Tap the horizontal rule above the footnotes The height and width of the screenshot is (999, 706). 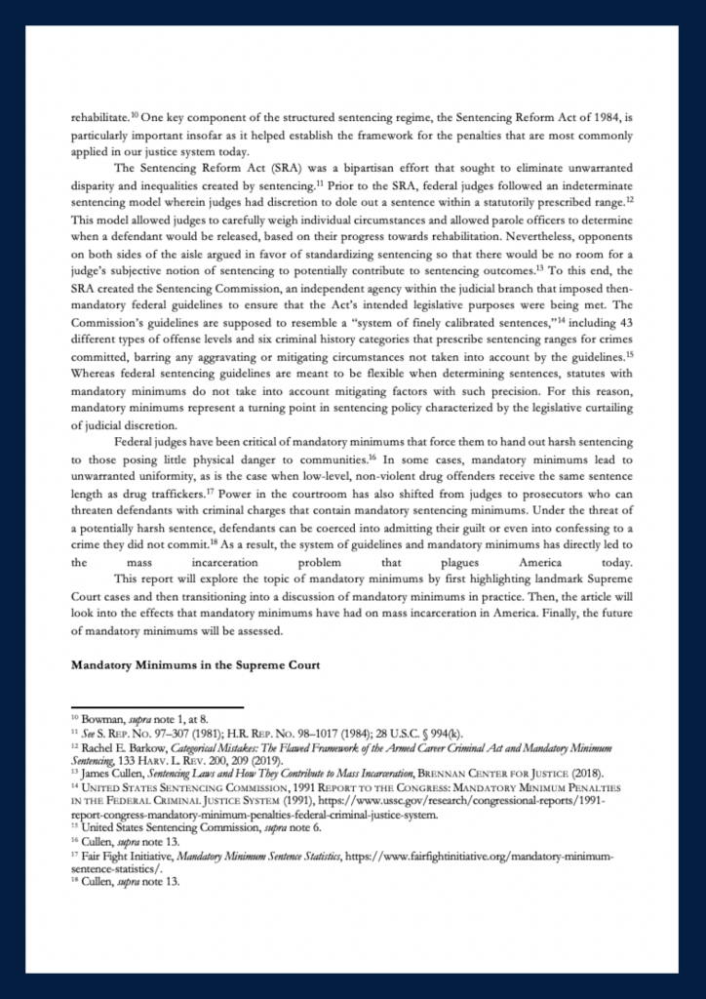coord(156,707)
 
